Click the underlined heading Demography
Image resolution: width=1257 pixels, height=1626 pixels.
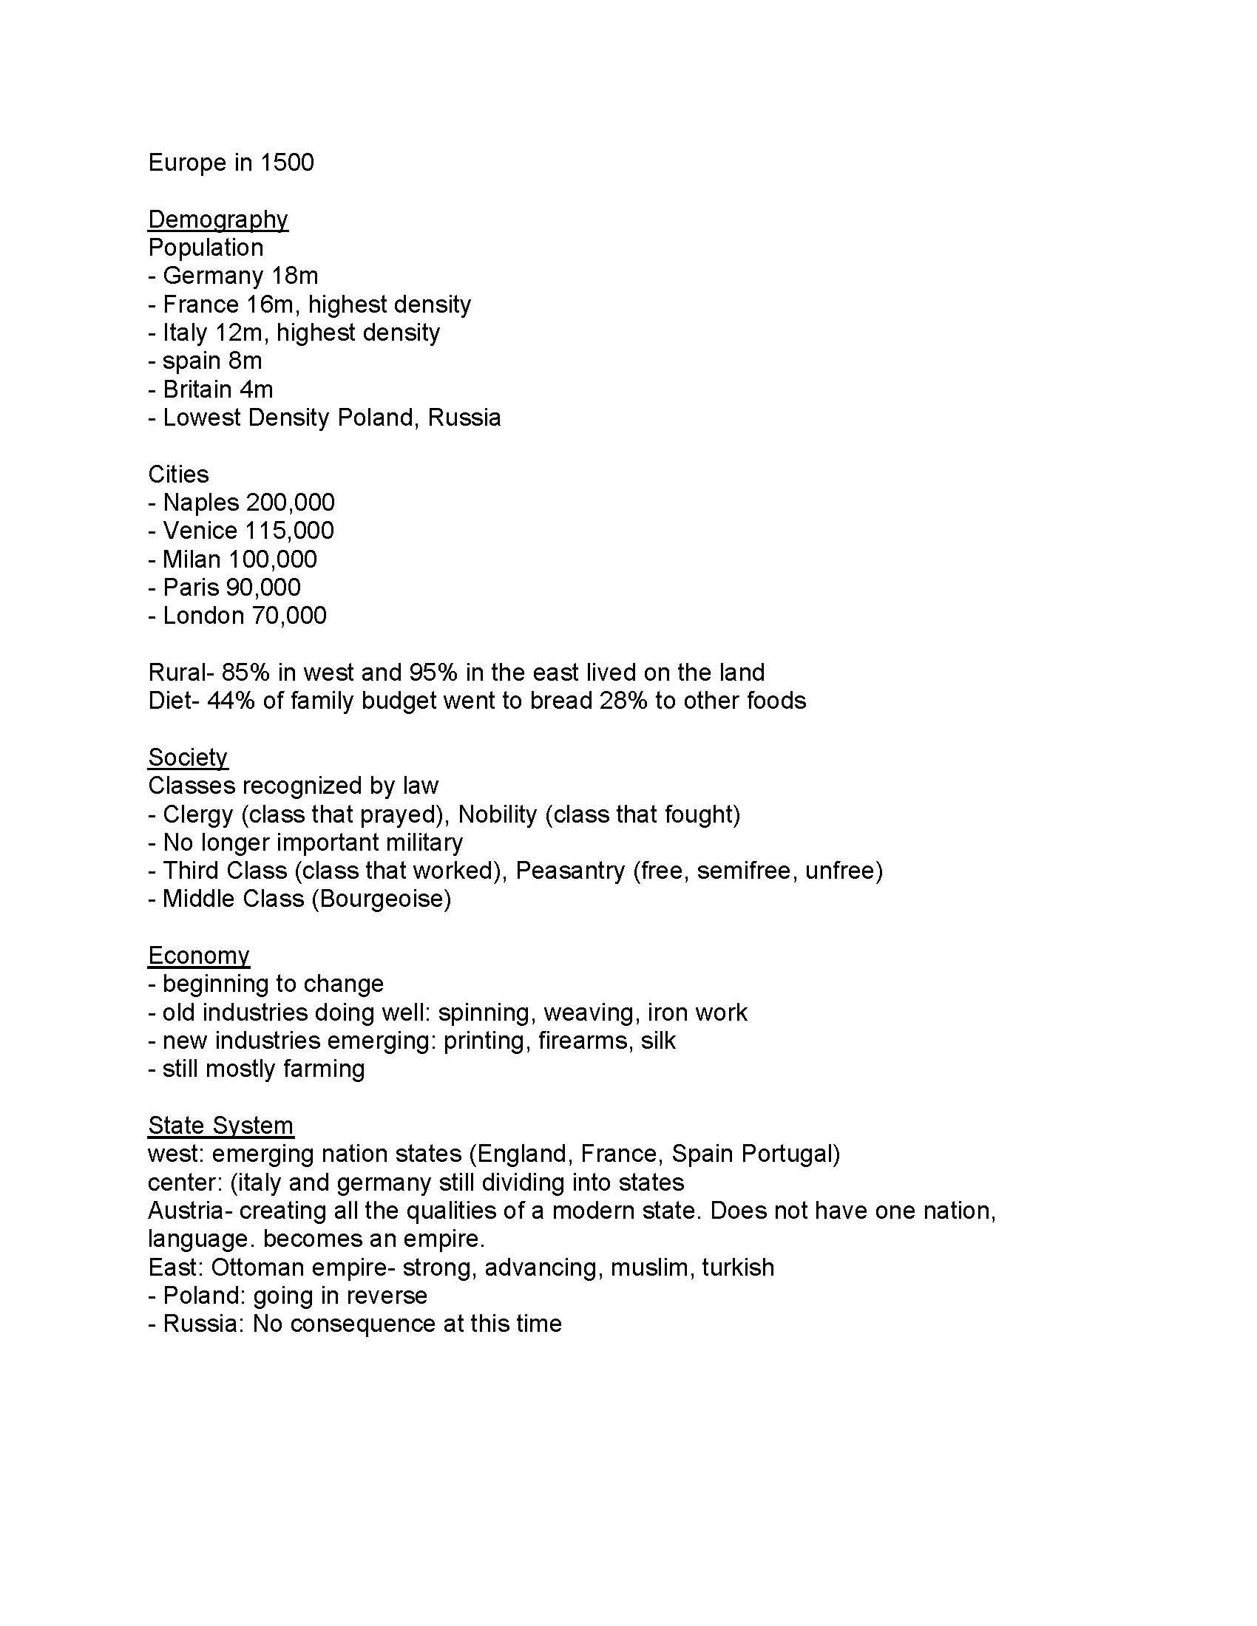tap(217, 219)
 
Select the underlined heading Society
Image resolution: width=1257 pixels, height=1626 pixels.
tap(188, 757)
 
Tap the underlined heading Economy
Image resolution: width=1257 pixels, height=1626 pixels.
tap(199, 955)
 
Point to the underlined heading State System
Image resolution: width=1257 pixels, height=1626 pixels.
tap(220, 1125)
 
